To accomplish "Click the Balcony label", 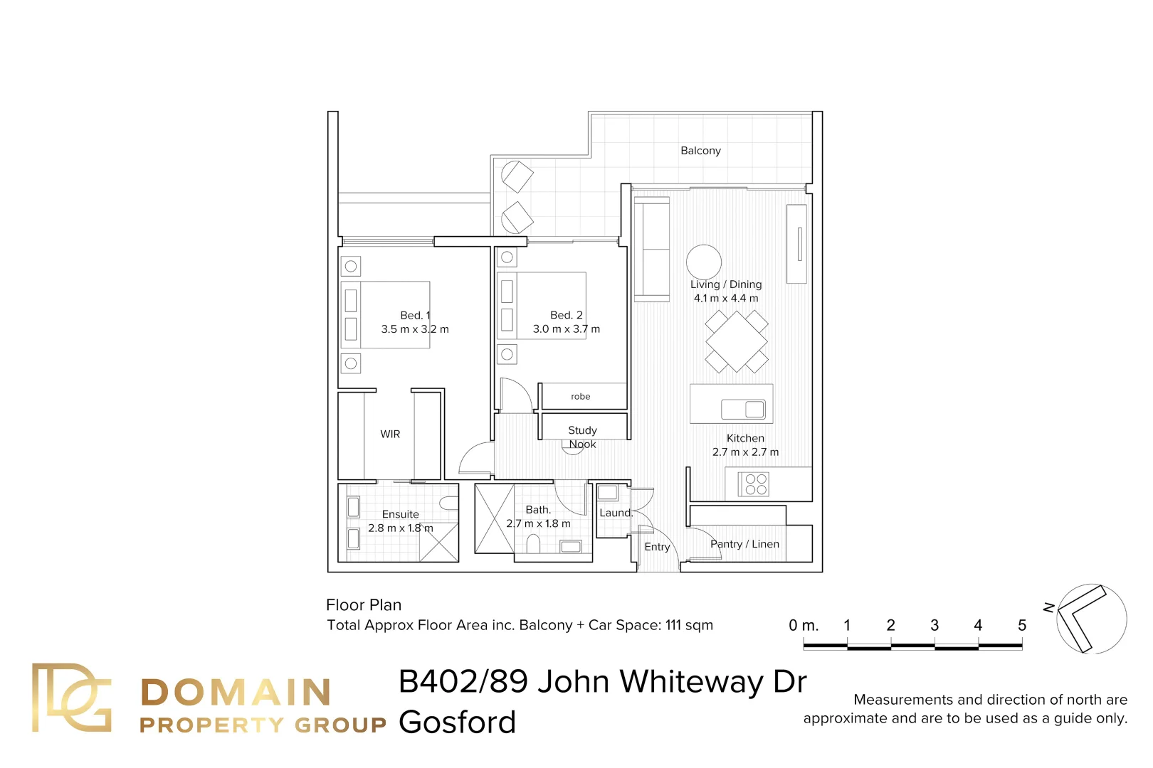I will click(700, 151).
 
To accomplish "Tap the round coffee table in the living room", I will click(703, 261).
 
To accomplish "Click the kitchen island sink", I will click(743, 409).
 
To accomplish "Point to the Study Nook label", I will click(582, 437).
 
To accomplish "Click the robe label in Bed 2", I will click(580, 396).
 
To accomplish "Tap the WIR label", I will click(390, 434).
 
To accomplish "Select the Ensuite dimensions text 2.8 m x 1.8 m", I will click(400, 528).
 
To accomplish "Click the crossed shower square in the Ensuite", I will click(438, 542).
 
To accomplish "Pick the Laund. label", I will click(615, 513).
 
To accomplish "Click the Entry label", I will click(657, 547).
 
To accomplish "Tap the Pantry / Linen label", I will click(744, 544).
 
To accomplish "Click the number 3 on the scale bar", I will click(934, 625).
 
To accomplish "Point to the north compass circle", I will click(1091, 619).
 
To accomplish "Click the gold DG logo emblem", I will click(71, 698).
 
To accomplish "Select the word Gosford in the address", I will click(457, 722).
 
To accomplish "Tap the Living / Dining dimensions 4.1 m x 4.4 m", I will click(726, 298).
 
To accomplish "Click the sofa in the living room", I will click(651, 249).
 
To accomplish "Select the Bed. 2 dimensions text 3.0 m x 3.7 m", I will click(566, 329).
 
